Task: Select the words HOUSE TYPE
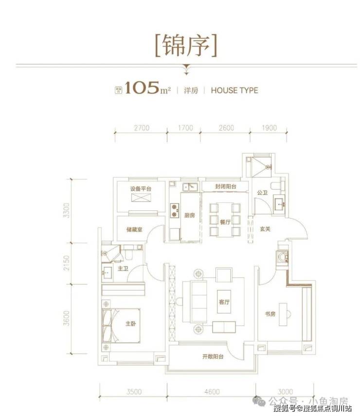(234, 90)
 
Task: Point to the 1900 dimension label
(269, 128)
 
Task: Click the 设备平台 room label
(140, 189)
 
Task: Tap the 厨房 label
(190, 216)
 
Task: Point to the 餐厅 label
(224, 220)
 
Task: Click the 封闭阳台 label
(226, 186)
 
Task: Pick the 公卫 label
(263, 193)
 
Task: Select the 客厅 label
(224, 301)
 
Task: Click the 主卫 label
(123, 268)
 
